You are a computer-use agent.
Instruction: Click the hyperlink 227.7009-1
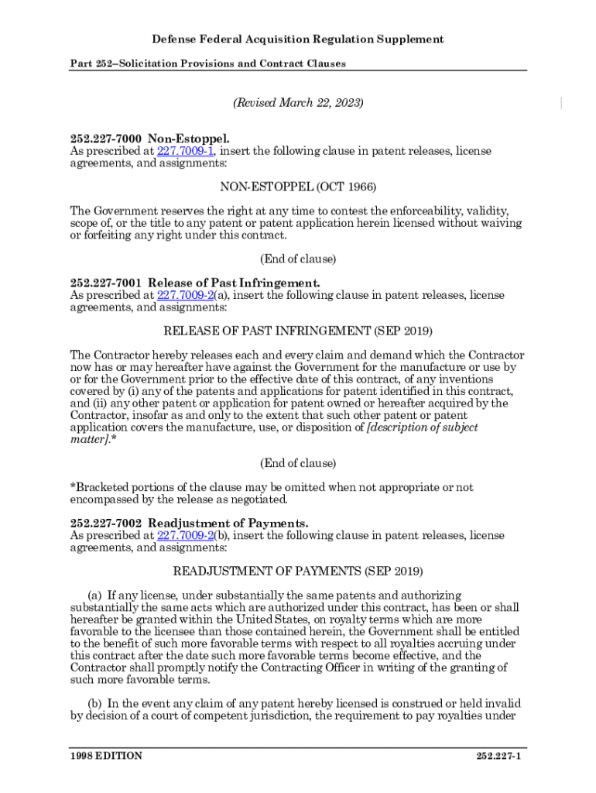[185, 151]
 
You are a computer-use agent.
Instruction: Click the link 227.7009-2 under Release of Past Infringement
[185, 295]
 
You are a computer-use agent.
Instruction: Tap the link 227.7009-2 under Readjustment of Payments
[185, 535]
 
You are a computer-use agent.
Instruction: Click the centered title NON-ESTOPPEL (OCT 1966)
[298, 187]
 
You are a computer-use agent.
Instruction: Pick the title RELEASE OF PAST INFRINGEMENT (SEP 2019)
[298, 331]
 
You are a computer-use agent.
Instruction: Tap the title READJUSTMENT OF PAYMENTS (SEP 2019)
[298, 572]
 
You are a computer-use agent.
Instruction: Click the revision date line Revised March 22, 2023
[298, 103]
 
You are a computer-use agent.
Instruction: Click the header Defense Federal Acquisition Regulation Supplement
[298, 39]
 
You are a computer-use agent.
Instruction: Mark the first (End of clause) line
[298, 259]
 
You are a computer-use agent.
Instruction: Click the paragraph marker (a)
[94, 595]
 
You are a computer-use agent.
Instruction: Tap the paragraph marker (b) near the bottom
[94, 704]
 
